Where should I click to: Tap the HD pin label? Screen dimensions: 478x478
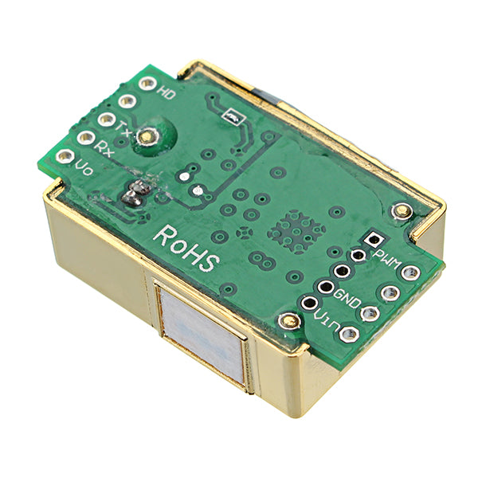pyautogui.click(x=167, y=92)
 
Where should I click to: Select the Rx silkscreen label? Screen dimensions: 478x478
pyautogui.click(x=103, y=147)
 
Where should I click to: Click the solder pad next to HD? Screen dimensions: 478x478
pyautogui.click(x=147, y=82)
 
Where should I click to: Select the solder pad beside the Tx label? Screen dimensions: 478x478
pyautogui.click(x=105, y=119)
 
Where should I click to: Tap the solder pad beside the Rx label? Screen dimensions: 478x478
pyautogui.click(x=85, y=138)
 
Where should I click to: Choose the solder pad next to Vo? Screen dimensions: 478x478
pyautogui.click(x=65, y=157)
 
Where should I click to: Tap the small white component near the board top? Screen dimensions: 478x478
pyautogui.click(x=232, y=117)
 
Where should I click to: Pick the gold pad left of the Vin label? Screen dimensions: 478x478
pyautogui.click(x=288, y=320)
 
